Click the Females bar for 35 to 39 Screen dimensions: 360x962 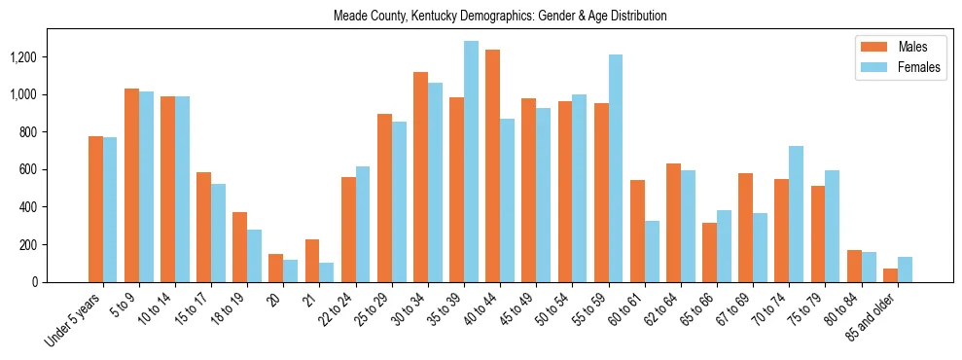(471, 162)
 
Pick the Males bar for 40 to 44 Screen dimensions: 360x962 (492, 165)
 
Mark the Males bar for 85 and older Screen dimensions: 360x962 (890, 275)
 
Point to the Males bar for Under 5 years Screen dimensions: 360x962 (95, 209)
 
